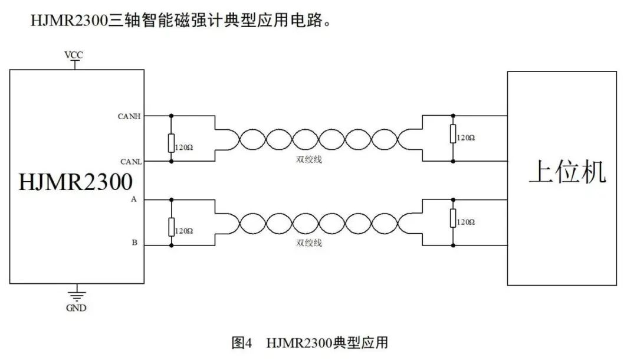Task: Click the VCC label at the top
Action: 74,55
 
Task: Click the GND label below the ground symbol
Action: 75,307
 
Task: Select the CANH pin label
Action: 129,116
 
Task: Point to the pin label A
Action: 134,200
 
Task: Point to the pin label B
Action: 134,243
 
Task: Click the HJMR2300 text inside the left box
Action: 75,181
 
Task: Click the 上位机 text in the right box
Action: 567,172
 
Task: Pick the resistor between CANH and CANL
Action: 171,143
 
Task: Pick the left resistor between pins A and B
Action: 171,227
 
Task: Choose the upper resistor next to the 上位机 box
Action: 453,134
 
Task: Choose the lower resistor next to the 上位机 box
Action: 453,218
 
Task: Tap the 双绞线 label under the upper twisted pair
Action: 309,159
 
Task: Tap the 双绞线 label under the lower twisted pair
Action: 309,243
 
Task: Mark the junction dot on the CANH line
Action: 171,116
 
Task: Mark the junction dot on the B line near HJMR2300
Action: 171,245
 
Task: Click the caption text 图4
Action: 242,343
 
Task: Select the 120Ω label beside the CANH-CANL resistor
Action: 183,147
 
